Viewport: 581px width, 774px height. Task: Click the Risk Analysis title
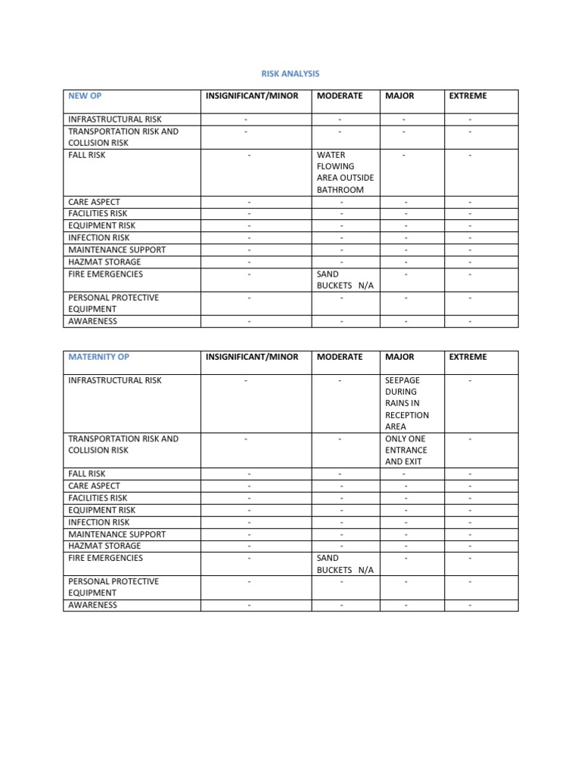(x=290, y=73)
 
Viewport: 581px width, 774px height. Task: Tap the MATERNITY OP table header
(x=98, y=357)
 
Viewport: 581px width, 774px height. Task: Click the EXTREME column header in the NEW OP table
(x=468, y=96)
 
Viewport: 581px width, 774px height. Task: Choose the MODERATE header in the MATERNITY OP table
(x=340, y=357)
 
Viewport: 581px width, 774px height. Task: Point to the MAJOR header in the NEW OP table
(x=399, y=96)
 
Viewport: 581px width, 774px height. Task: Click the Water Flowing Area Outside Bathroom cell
(x=345, y=172)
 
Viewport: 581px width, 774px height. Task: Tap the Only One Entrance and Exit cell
(x=406, y=450)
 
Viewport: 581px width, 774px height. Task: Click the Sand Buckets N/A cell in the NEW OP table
(x=345, y=280)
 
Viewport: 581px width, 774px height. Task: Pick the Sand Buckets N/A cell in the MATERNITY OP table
(x=345, y=564)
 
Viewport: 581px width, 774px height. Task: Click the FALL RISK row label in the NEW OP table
(x=87, y=155)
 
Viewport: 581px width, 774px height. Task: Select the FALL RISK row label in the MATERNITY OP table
(x=87, y=474)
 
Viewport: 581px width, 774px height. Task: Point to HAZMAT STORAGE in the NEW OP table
(x=104, y=262)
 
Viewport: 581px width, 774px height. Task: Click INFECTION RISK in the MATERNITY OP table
(x=98, y=522)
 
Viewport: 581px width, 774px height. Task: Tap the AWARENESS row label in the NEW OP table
(x=92, y=321)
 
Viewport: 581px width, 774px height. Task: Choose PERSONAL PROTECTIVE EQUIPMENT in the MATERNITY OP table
(x=113, y=587)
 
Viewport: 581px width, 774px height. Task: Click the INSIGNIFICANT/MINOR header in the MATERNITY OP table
(x=252, y=357)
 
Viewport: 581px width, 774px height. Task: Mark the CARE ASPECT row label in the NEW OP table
(x=94, y=202)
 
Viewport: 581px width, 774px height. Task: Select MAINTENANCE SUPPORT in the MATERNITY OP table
(x=117, y=534)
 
